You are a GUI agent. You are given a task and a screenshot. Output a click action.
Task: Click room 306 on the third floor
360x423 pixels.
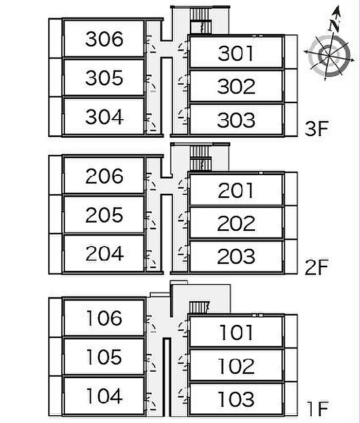[104, 39]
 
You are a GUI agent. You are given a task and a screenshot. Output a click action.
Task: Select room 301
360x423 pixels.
[236, 53]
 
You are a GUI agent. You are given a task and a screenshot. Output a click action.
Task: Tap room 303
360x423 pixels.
[236, 120]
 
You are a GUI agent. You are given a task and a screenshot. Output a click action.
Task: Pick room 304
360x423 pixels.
[104, 117]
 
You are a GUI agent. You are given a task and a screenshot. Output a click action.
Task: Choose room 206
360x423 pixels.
[104, 176]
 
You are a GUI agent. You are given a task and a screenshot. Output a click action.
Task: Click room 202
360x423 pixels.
[236, 224]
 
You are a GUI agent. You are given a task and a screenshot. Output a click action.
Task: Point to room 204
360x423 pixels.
[104, 253]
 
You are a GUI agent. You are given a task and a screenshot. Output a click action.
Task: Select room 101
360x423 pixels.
[236, 333]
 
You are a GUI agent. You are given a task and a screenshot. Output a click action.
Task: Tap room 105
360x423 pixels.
[104, 357]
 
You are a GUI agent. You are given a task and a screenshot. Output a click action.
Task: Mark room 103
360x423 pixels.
[236, 399]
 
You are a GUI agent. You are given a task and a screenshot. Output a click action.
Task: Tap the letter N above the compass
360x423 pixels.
[335, 24]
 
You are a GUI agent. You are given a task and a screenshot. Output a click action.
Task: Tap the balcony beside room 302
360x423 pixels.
[291, 86]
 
